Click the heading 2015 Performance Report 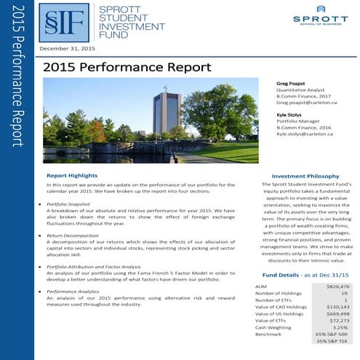pyautogui.click(x=127, y=67)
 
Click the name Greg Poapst pyautogui.click(x=292, y=84)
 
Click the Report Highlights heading pyautogui.click(x=73, y=176)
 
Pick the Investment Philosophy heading pyautogui.click(x=303, y=176)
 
